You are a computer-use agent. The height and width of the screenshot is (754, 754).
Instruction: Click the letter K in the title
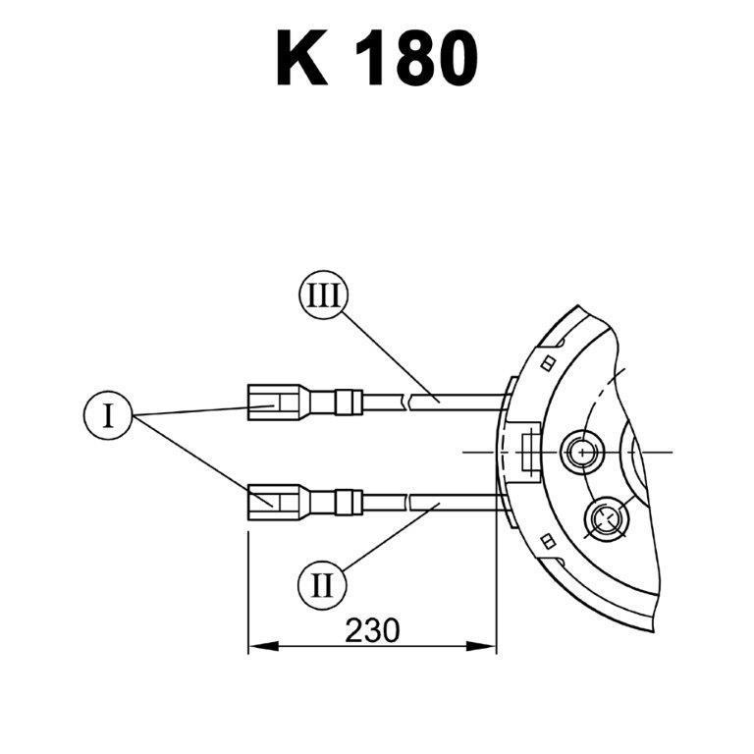tap(302, 57)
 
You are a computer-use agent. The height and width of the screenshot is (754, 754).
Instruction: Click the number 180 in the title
tap(416, 58)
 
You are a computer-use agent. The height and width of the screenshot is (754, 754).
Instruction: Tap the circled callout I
tap(108, 415)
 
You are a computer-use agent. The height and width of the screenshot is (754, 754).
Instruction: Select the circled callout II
tap(322, 586)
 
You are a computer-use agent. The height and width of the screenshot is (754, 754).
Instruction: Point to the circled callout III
tap(323, 295)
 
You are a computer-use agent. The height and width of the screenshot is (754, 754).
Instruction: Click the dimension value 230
tap(372, 630)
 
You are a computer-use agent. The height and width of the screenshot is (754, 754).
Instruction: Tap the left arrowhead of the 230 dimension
tap(263, 646)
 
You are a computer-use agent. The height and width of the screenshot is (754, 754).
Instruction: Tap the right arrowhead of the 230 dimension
tap(481, 646)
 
